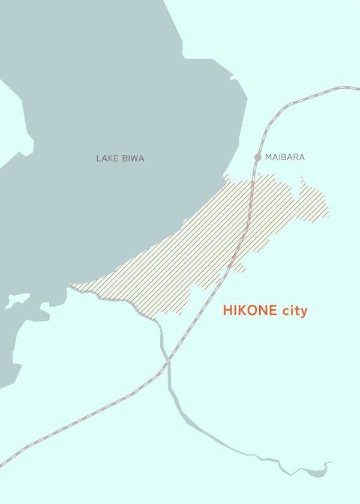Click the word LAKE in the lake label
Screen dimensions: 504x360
click(105, 158)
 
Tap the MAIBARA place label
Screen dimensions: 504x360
click(285, 157)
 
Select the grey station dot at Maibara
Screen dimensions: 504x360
click(258, 157)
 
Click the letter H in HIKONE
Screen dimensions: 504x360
click(227, 311)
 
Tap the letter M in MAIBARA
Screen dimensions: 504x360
click(268, 157)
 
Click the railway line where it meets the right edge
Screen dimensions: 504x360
click(358, 88)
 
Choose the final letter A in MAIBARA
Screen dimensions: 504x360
click(302, 157)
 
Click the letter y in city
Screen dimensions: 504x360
click(304, 313)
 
